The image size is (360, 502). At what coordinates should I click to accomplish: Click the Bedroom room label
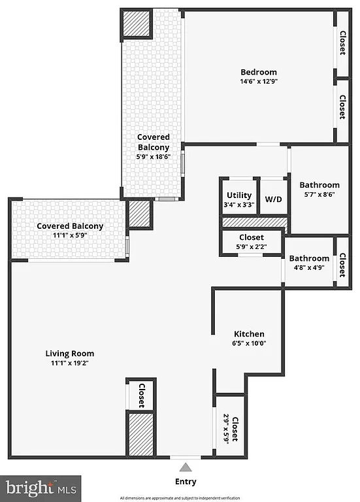[259, 72]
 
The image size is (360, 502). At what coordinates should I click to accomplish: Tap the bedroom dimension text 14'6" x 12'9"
[259, 82]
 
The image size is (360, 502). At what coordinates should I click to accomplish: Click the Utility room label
[239, 195]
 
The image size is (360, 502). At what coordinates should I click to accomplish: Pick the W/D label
[273, 199]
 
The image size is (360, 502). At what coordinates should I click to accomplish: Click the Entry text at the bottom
[186, 482]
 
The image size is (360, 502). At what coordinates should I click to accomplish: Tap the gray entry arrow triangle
[186, 467]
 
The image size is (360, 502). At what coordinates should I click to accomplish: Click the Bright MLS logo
[41, 488]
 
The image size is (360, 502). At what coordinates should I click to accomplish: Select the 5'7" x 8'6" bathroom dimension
[319, 195]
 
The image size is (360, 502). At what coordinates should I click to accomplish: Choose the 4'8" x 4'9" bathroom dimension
[309, 268]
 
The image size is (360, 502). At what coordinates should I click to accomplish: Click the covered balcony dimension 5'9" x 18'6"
[153, 157]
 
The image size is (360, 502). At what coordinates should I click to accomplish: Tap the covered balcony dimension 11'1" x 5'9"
[70, 236]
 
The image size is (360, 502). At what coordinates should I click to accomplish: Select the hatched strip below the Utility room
[255, 222]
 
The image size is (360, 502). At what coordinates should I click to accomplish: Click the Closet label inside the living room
[141, 394]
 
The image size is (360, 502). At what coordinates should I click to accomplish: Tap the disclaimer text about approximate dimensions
[180, 498]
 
